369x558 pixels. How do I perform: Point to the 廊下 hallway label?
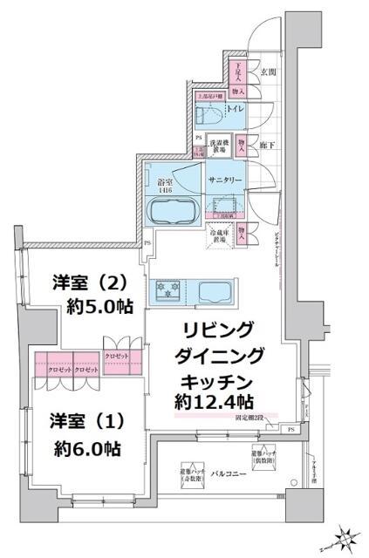click(268, 147)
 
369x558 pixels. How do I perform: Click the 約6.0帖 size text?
click(85, 450)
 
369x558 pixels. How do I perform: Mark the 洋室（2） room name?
click(84, 283)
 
